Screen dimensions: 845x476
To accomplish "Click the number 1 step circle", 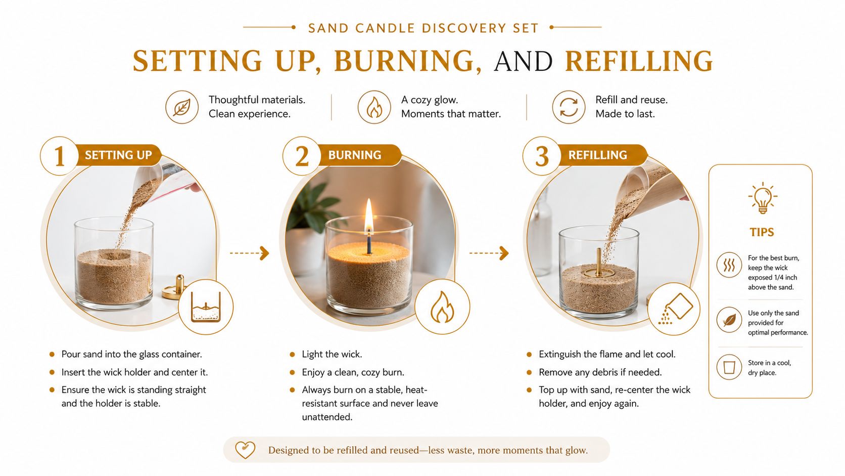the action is tap(59, 156).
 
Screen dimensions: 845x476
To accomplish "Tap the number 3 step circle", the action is tap(541, 156).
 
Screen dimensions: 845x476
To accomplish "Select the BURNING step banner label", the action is tap(355, 155).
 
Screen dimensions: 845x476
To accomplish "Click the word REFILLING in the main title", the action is tap(639, 61).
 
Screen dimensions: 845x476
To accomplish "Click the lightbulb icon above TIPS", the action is tap(763, 198).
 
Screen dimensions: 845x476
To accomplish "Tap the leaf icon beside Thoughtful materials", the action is tap(182, 107).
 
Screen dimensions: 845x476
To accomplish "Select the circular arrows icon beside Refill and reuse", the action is tap(569, 107).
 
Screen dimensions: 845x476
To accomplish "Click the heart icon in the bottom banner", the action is tap(245, 450).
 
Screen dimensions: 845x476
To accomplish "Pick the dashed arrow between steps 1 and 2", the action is tap(249, 253).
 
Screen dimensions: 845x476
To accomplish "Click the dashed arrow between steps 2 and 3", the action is tap(489, 253).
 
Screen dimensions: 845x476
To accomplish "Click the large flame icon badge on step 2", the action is tap(442, 307).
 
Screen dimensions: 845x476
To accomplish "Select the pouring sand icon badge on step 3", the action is tap(674, 309).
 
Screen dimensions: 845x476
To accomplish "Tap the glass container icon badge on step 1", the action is tap(206, 307).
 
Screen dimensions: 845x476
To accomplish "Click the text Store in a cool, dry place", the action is tap(770, 368).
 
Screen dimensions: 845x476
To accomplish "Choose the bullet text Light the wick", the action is tap(332, 354).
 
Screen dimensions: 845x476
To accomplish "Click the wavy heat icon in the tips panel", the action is tap(729, 265).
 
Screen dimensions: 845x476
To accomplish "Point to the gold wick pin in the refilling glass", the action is tap(599, 263).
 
